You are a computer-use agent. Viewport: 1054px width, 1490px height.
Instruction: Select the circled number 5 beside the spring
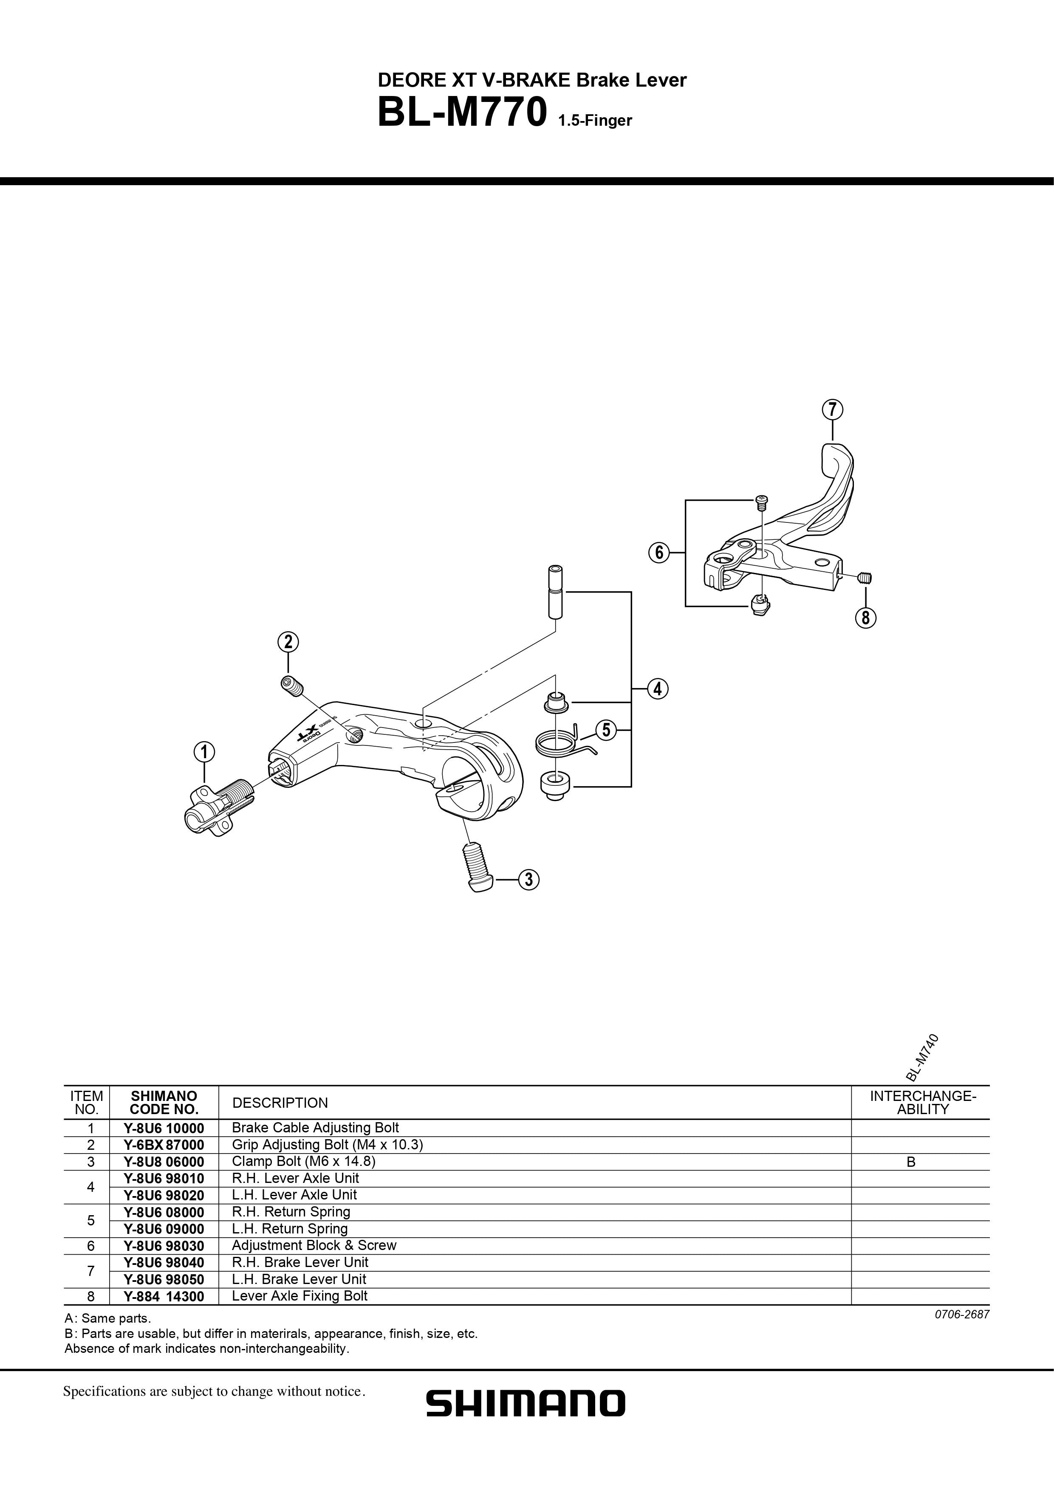point(605,730)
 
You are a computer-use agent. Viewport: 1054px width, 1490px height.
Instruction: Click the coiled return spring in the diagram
point(557,742)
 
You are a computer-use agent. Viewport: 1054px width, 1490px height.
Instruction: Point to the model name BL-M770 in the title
point(461,113)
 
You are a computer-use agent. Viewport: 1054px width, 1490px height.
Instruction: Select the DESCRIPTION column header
point(280,1103)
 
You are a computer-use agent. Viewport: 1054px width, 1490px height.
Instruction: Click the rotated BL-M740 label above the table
point(921,1057)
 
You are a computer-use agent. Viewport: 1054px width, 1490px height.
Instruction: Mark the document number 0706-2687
point(962,1315)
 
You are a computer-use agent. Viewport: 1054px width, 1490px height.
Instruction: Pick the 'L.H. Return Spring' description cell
point(289,1228)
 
